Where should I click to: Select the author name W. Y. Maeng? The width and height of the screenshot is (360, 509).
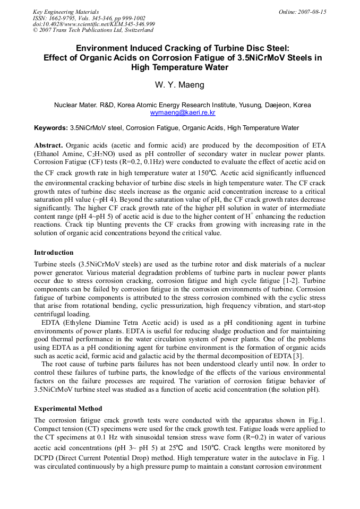pyautogui.click(x=179, y=85)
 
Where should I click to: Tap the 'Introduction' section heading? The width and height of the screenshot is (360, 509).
pyautogui.click(x=54, y=253)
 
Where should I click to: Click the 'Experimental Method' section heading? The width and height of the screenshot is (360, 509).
pyautogui.click(x=67, y=409)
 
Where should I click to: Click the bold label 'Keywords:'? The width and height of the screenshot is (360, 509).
pyautogui.click(x=51, y=128)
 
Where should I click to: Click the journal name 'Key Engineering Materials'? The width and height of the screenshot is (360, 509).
pyautogui.click(x=66, y=12)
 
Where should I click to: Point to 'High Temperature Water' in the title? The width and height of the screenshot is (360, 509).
pyautogui.click(x=179, y=67)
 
